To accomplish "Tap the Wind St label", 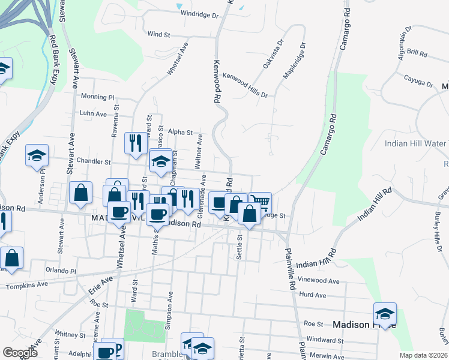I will tap(159, 35).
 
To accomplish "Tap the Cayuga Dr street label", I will tap(418, 80).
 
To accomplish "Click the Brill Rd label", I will tap(416, 53).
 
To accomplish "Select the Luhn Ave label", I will tap(93, 113).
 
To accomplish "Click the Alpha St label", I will tap(180, 132).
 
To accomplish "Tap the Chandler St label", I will tap(94, 161).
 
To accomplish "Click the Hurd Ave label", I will tap(312, 295).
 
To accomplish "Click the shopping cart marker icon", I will tap(260, 202).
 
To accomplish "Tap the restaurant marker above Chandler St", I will tap(135, 142).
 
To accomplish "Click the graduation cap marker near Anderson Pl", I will tap(37, 155).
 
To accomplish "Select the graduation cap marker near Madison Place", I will tap(385, 313).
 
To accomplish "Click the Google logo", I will tap(20, 353).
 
